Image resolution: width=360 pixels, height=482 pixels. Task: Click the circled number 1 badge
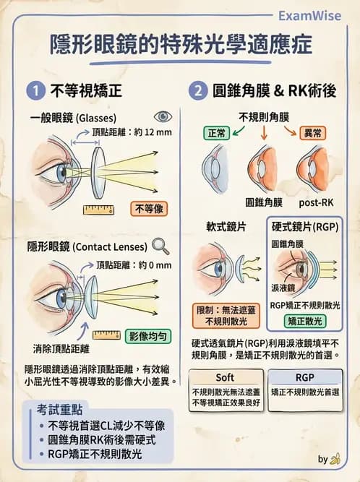pyautogui.click(x=34, y=92)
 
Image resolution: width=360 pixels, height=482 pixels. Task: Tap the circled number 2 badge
pyautogui.click(x=199, y=92)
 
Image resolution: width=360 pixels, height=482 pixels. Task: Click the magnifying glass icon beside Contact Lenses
pyautogui.click(x=160, y=246)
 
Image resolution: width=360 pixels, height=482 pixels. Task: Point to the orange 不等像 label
pyautogui.click(x=149, y=209)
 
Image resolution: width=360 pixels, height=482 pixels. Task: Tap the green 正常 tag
pyautogui.click(x=217, y=133)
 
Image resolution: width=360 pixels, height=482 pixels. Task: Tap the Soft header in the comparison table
pyautogui.click(x=225, y=377)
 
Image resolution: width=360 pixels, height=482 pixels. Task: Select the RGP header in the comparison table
pyautogui.click(x=304, y=377)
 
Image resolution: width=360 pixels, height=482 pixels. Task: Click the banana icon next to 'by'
pyautogui.click(x=335, y=459)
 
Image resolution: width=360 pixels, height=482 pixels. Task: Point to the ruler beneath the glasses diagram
pyautogui.click(x=99, y=210)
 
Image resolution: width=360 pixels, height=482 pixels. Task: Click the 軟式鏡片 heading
pyautogui.click(x=226, y=227)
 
